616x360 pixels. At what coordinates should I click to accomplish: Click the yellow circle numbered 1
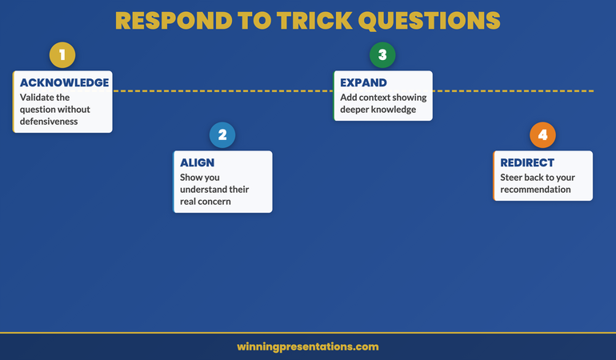point(62,55)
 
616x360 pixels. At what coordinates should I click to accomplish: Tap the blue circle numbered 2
point(222,135)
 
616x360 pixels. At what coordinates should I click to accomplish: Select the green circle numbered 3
point(382,55)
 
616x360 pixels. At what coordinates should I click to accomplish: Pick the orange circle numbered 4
point(542,135)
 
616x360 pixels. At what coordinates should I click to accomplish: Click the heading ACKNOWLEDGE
point(64,82)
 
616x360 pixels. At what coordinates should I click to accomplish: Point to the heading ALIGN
point(197,162)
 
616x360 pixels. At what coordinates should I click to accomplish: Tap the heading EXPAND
point(363,82)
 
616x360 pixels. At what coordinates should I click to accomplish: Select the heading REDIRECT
point(527,162)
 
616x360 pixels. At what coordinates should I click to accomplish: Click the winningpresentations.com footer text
point(308,346)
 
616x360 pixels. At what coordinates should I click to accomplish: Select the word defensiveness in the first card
point(49,122)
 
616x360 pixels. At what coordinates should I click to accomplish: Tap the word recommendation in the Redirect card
point(535,190)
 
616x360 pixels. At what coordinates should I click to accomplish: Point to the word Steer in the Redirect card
point(513,178)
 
